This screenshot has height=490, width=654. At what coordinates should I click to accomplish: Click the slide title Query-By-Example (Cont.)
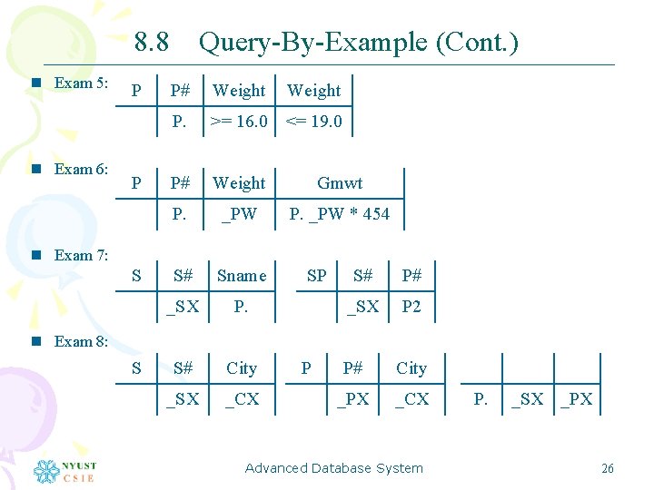(x=358, y=42)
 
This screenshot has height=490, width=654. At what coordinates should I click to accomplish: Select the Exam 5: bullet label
(x=81, y=83)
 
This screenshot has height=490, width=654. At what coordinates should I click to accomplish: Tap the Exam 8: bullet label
(x=81, y=341)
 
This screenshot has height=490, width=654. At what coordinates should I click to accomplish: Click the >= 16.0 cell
(x=239, y=122)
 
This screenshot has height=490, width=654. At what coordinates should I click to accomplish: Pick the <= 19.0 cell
(x=314, y=122)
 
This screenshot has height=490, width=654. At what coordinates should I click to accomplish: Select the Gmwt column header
(x=340, y=183)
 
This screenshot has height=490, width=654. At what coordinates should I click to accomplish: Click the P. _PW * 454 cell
(x=339, y=214)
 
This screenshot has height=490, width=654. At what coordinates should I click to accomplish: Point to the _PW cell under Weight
(x=240, y=214)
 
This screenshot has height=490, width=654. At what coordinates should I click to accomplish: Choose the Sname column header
(x=241, y=276)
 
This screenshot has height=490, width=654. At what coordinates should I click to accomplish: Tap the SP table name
(x=316, y=276)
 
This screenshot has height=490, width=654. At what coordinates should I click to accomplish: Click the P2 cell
(x=411, y=307)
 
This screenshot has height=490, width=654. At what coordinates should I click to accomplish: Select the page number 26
(x=608, y=468)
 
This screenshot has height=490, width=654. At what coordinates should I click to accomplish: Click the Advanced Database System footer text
(x=333, y=468)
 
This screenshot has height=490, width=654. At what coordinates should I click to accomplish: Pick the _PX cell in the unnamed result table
(x=576, y=399)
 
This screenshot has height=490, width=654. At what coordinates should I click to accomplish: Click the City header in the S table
(x=242, y=368)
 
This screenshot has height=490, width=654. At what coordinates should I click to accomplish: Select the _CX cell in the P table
(x=411, y=399)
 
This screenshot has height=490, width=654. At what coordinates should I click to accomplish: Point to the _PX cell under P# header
(x=353, y=399)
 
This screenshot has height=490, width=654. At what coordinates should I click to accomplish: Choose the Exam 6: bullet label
(x=81, y=169)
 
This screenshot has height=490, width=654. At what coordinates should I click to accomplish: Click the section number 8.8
(x=152, y=42)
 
